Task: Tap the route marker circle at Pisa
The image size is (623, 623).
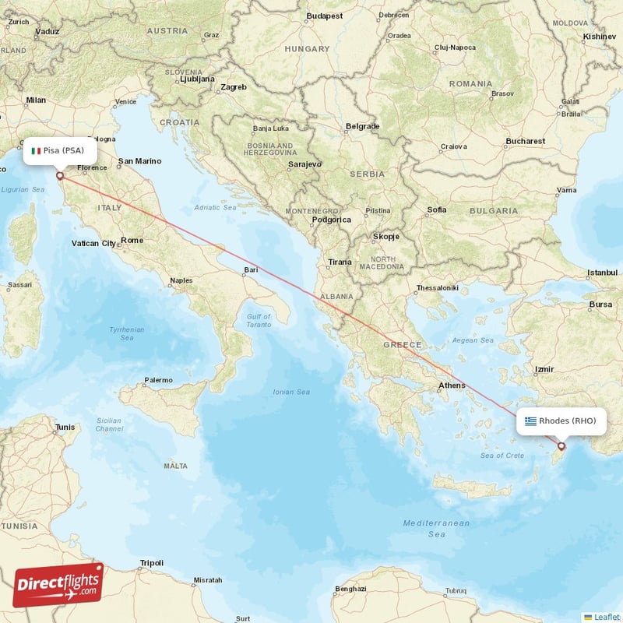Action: point(60,176)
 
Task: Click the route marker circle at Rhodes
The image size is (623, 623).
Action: point(561,446)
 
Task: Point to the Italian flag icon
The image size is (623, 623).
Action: point(36,150)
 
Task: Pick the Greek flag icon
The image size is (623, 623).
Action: point(530,421)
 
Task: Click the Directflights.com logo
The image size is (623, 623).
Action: point(58,585)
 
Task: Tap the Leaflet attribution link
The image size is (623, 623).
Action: point(605,617)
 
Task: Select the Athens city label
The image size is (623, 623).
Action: point(452,385)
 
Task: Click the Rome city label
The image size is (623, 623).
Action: point(132,241)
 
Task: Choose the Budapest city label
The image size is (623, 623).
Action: point(324,16)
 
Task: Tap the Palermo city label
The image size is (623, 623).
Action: point(158,380)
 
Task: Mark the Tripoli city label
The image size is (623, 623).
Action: point(151,562)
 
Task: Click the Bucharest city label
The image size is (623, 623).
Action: point(525,141)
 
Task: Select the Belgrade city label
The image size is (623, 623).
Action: point(363,126)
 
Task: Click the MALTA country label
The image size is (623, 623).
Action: point(175,466)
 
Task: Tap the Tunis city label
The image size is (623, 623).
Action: point(65,427)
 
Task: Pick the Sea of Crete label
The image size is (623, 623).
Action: point(502,456)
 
